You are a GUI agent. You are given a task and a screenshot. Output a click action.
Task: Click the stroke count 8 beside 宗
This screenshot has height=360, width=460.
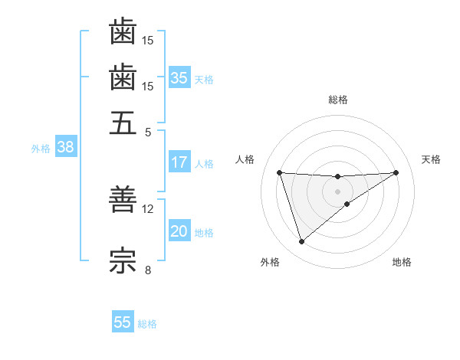(148, 269)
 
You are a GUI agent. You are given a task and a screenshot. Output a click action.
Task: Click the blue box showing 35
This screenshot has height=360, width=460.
(179, 77)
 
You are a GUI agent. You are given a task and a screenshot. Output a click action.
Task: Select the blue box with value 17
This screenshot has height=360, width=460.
(179, 162)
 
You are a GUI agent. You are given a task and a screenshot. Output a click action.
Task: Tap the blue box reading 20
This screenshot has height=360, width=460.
(179, 231)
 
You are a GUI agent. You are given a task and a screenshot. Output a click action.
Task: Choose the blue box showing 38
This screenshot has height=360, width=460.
(65, 148)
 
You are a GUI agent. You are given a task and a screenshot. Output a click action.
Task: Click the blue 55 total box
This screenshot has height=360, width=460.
(123, 322)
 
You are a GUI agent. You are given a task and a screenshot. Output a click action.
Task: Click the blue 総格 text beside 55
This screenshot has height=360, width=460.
(147, 324)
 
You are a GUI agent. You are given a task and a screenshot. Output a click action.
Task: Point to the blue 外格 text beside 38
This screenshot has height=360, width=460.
(41, 149)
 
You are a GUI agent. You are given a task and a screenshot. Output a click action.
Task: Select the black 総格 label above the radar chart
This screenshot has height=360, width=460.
(338, 100)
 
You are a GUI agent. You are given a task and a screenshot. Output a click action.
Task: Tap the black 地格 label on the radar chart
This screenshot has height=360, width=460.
(402, 263)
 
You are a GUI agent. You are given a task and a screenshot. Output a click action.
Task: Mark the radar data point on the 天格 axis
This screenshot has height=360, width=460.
(396, 172)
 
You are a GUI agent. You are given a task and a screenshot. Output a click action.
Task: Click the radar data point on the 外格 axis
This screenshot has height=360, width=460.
(301, 242)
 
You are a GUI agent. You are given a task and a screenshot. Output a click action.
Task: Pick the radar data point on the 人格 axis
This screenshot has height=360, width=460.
(280, 172)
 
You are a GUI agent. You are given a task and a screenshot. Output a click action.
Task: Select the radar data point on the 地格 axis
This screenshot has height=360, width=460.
(347, 204)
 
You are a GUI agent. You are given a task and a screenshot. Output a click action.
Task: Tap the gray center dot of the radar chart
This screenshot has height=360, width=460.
(338, 191)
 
